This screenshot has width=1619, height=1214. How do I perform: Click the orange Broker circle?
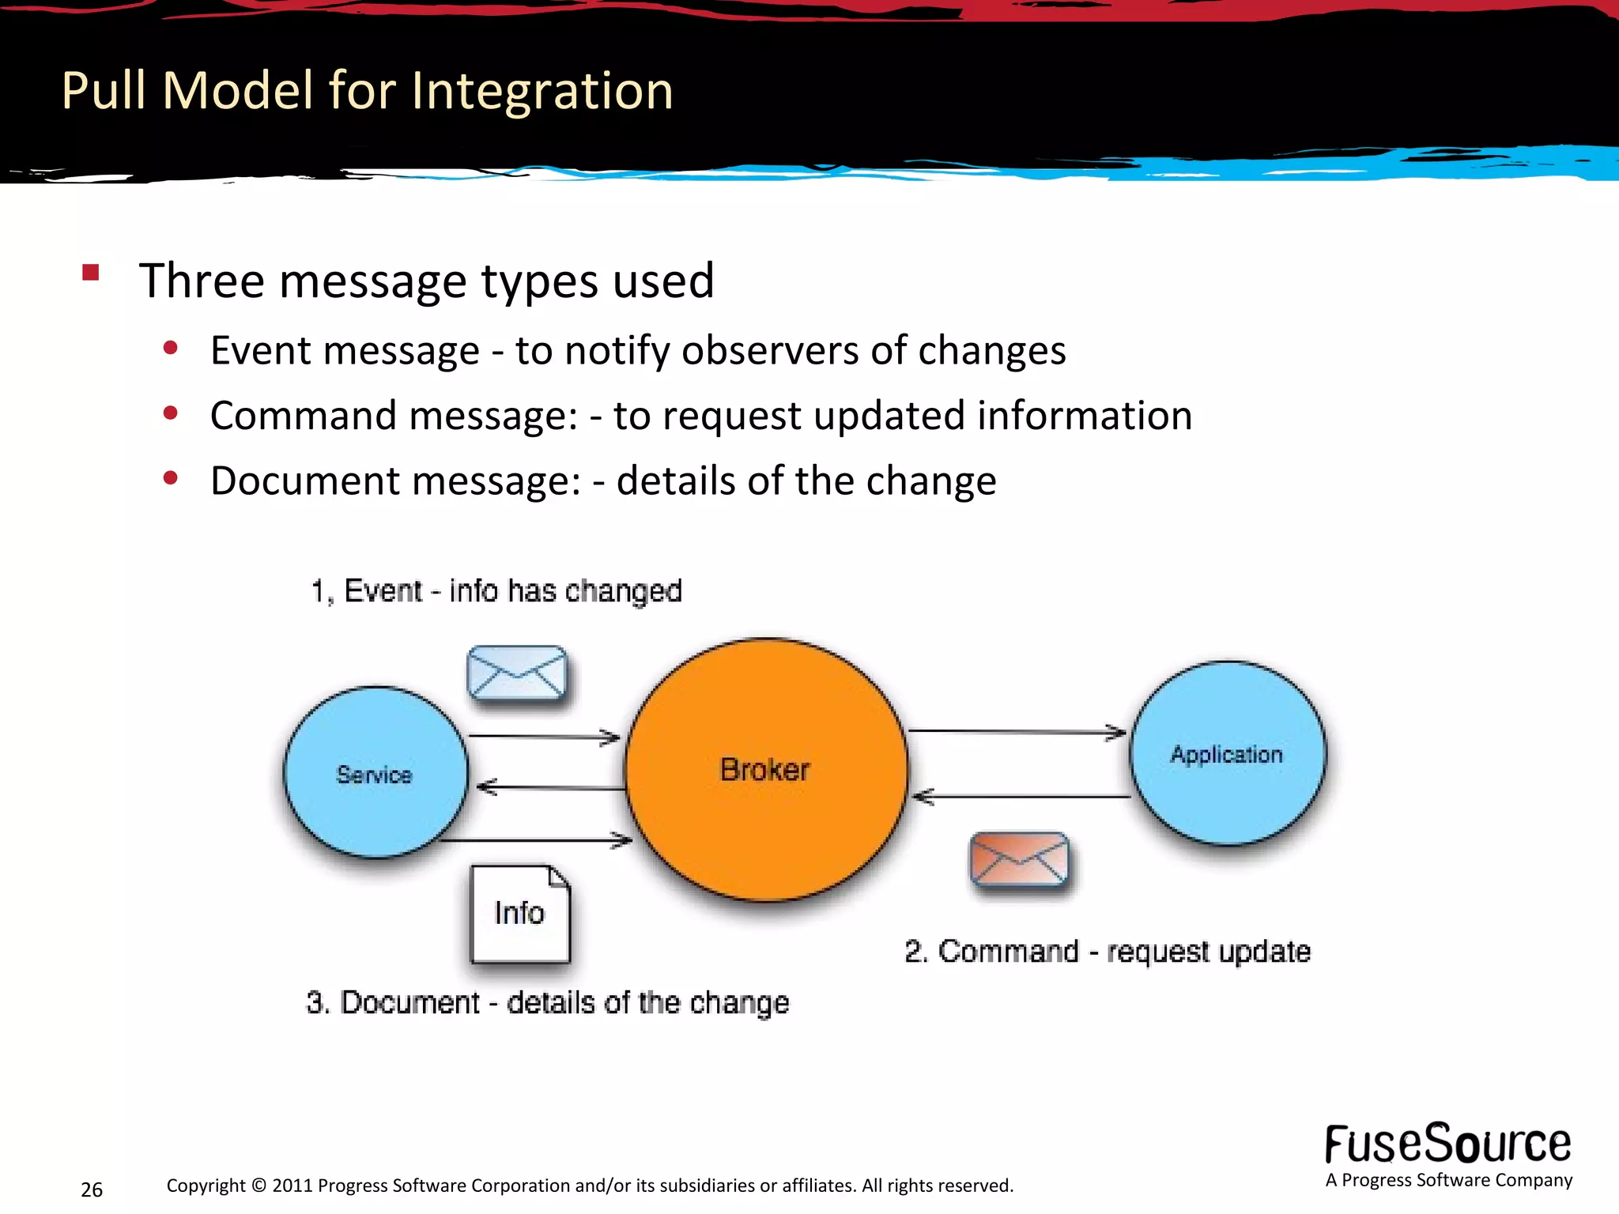click(x=765, y=769)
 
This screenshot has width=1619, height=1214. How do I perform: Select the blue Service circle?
click(x=376, y=773)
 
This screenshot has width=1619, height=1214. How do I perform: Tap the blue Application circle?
click(x=1227, y=753)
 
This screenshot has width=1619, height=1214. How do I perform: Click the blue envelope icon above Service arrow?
click(x=517, y=673)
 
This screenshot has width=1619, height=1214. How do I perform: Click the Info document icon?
click(x=519, y=914)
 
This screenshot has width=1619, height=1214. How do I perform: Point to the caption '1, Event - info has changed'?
click(x=496, y=591)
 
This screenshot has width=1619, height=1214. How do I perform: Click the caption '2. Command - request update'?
click(x=1107, y=952)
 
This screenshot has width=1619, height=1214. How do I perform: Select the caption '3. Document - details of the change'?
click(x=547, y=1002)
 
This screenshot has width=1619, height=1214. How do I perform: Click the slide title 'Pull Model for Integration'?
click(x=367, y=90)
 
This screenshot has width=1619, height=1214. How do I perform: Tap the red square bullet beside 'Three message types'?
click(x=90, y=273)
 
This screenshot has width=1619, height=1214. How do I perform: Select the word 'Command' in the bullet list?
click(x=308, y=416)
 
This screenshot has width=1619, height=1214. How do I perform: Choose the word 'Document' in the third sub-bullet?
click(x=307, y=481)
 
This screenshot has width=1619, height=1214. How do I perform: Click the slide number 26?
click(x=92, y=1189)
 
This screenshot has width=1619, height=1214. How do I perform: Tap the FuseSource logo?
click(x=1447, y=1145)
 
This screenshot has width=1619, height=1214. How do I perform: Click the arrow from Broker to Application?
click(x=1017, y=732)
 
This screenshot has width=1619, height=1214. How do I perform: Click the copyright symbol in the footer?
click(x=259, y=1186)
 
